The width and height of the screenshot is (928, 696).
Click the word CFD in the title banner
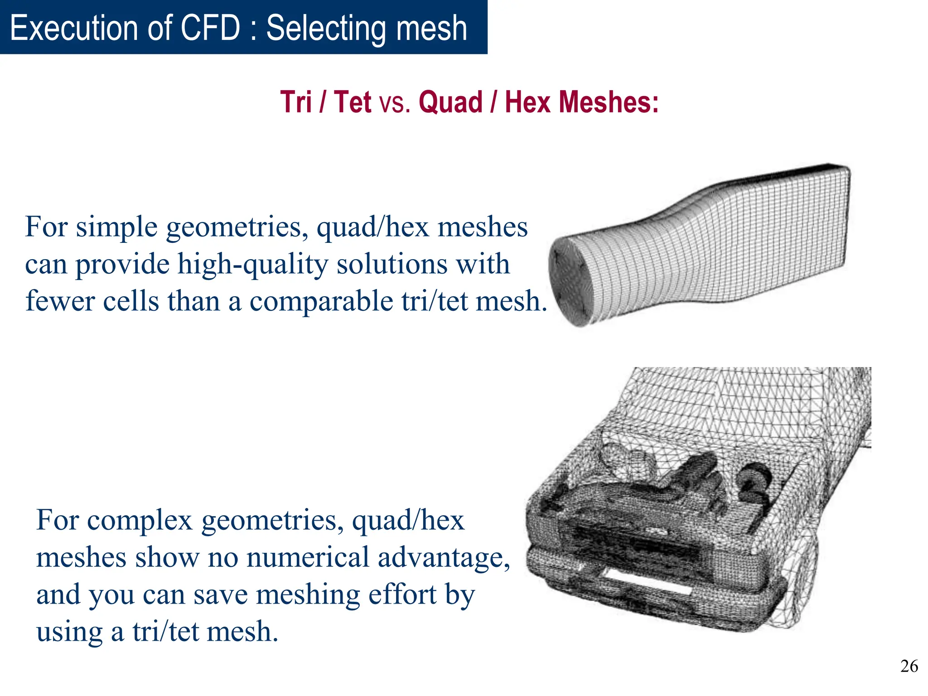[x=210, y=28]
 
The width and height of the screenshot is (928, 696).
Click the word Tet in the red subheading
[x=353, y=102]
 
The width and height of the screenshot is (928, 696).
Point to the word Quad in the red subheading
[x=450, y=102]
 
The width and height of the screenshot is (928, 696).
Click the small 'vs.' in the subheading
[x=395, y=103]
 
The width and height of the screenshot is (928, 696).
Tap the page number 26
[x=909, y=666]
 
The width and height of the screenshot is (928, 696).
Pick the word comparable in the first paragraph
[x=321, y=301]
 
